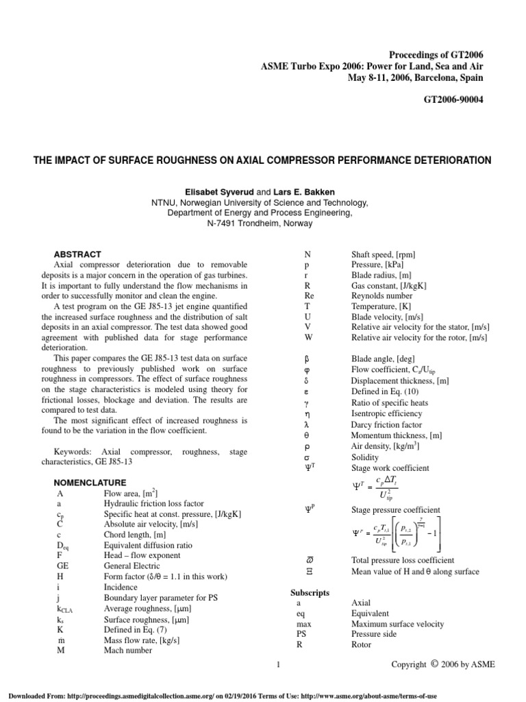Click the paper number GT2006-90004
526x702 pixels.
pos(458,99)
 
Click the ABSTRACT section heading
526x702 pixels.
pos(77,254)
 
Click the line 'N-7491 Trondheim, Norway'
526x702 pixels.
pos(263,223)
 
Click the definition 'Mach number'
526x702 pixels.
pos(128,651)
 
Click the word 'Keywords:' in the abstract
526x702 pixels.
pos(73,452)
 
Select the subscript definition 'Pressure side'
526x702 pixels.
pos(375,634)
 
